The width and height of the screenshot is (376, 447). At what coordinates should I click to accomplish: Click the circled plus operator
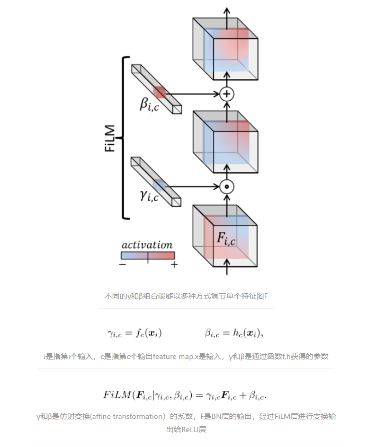(227, 94)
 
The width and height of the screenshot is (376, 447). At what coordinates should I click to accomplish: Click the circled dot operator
(227, 186)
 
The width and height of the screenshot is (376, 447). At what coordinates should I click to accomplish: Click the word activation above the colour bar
(147, 244)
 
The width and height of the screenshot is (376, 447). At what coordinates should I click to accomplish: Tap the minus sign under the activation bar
(122, 265)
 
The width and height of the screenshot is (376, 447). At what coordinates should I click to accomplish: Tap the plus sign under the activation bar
(174, 265)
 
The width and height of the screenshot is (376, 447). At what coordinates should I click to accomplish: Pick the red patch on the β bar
(159, 92)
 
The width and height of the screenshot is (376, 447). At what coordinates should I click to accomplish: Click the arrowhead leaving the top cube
(227, 11)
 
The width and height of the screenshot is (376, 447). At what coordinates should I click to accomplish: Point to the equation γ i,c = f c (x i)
(135, 333)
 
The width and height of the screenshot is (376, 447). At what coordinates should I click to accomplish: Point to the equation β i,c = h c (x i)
(234, 333)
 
